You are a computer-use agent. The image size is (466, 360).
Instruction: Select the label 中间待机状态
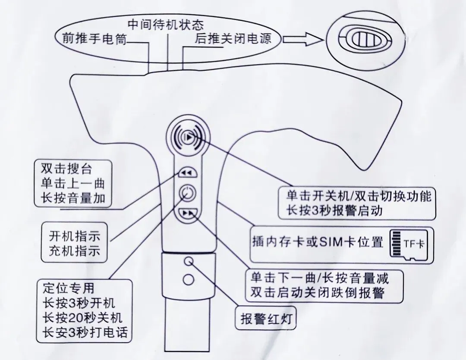click(x=166, y=22)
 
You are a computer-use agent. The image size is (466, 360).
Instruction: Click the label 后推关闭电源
click(x=233, y=39)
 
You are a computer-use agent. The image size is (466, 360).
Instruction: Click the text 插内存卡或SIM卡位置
click(x=317, y=242)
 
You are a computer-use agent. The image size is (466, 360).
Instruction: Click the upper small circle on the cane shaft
click(x=188, y=261)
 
